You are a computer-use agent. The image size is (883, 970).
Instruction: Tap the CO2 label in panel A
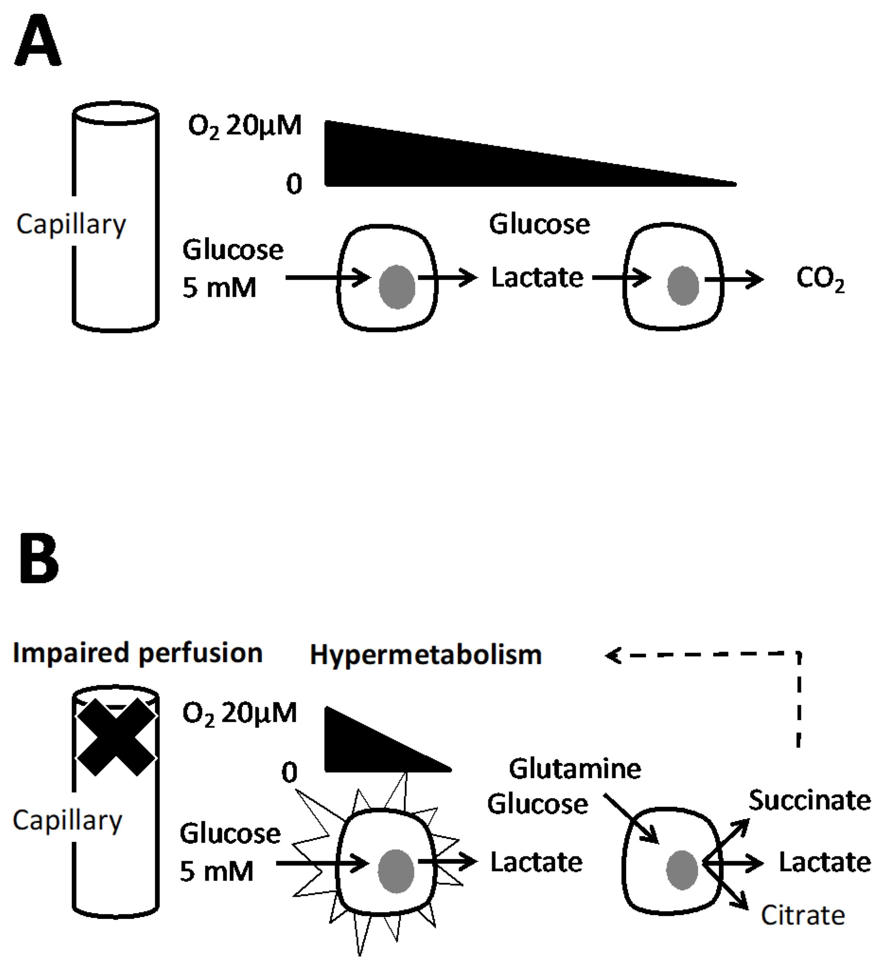pyautogui.click(x=819, y=279)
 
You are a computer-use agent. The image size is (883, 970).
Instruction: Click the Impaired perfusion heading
pyautogui.click(x=138, y=653)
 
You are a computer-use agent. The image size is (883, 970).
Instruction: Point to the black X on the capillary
pyautogui.click(x=116, y=737)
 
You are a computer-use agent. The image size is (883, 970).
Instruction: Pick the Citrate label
pyautogui.click(x=803, y=916)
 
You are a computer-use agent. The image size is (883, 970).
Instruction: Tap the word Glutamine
pyautogui.click(x=575, y=769)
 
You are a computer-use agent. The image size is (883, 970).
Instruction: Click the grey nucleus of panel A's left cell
pyautogui.click(x=397, y=287)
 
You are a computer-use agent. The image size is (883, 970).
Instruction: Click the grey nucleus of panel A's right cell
pyautogui.click(x=683, y=286)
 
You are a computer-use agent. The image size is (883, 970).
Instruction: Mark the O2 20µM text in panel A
pyautogui.click(x=244, y=127)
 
